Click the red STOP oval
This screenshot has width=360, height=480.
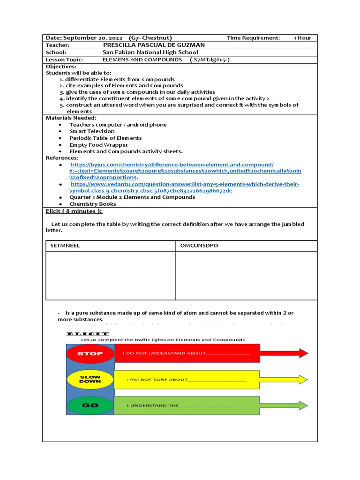click(90, 353)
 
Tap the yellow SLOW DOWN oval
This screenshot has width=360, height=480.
click(90, 379)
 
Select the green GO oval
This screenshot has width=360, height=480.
click(90, 405)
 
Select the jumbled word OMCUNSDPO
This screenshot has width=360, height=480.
click(199, 246)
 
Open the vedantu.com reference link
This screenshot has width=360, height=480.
click(185, 184)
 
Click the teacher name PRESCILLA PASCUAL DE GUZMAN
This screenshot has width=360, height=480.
click(153, 45)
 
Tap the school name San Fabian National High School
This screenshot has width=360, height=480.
click(150, 52)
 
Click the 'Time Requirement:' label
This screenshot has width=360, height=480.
click(253, 38)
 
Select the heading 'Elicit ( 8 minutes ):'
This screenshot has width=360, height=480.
click(74, 211)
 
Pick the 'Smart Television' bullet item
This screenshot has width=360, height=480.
click(92, 131)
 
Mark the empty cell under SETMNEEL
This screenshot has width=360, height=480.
click(111, 276)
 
